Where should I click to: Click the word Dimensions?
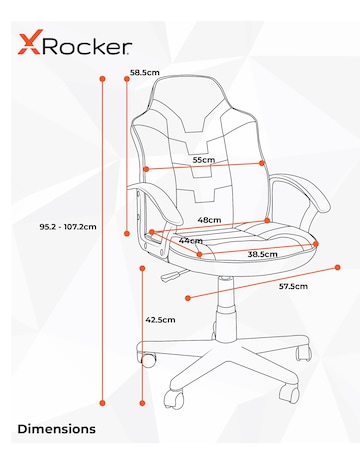tap(57, 429)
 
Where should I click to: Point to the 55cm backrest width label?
tap(203, 159)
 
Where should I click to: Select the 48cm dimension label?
tap(209, 219)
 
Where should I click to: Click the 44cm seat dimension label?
tap(190, 240)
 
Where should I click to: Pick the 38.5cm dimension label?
tap(262, 254)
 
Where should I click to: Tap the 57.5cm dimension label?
tap(292, 287)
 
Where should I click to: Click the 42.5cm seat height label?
tap(160, 320)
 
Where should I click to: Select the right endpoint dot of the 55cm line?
tap(262, 163)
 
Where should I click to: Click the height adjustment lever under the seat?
tap(172, 271)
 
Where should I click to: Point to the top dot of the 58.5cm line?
tap(126, 80)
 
